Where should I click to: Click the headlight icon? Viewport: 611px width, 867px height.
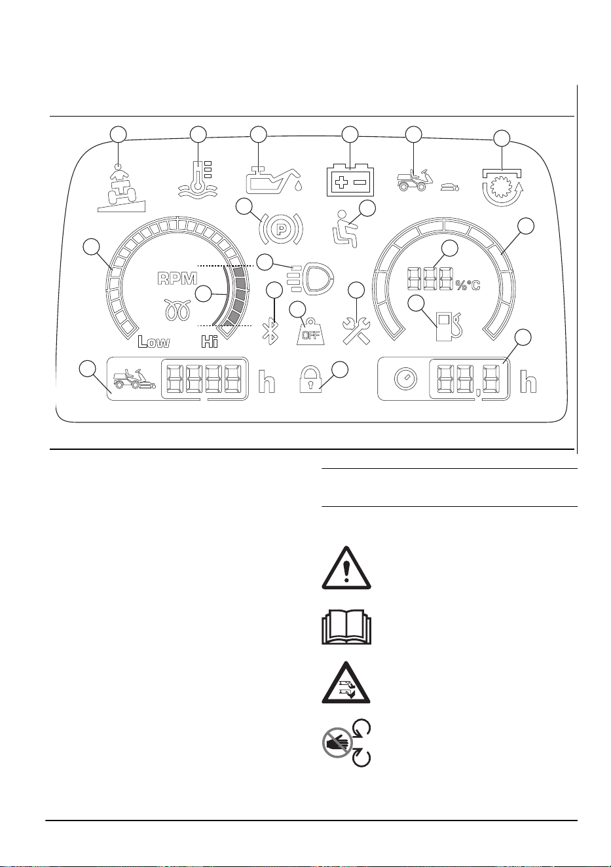310,278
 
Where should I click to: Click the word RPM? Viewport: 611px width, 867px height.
177,279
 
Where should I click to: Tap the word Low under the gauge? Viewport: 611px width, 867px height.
154,341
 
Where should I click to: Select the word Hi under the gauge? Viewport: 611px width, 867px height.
210,341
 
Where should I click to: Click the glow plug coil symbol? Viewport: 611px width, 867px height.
178,310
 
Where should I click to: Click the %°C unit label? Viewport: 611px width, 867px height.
468,286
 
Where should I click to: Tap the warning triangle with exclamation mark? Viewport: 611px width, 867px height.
346,568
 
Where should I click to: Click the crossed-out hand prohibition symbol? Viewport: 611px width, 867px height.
337,742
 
